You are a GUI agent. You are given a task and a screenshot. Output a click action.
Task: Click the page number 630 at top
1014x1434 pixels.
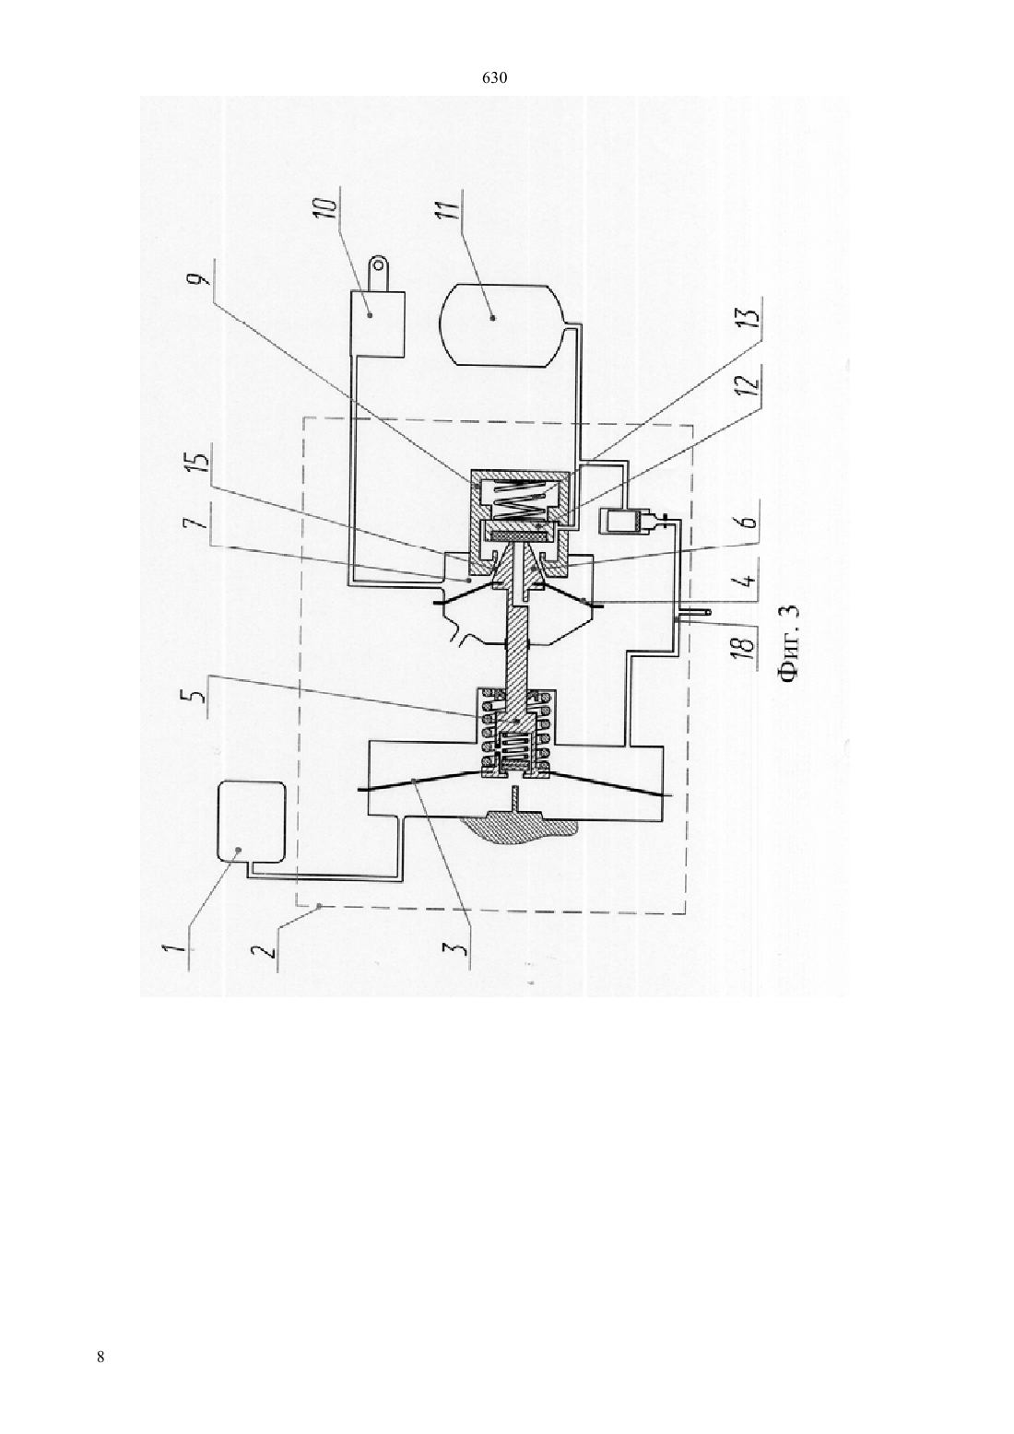(494, 78)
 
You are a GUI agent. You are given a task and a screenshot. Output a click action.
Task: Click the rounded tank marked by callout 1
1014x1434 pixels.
(251, 822)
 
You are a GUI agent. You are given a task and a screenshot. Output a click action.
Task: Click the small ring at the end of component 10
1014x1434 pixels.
(380, 263)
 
